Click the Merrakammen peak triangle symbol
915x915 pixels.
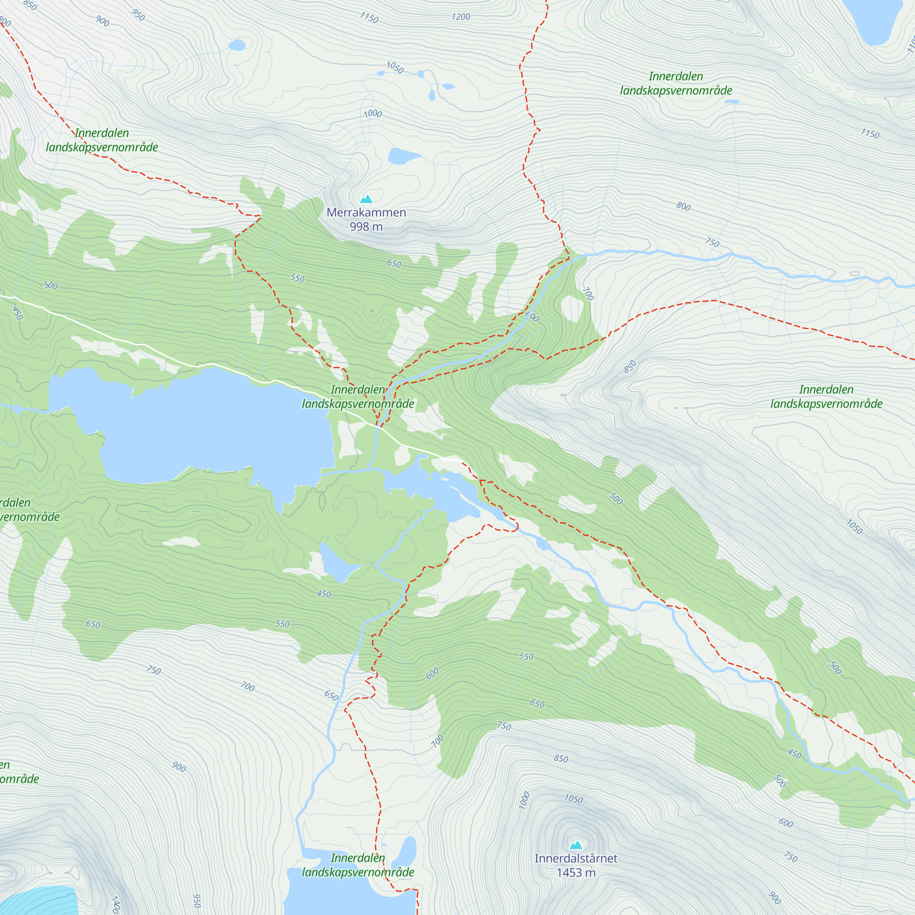pyautogui.click(x=366, y=199)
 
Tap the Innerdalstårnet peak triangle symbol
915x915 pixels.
pyautogui.click(x=576, y=845)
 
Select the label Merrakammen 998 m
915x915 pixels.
pyautogui.click(x=366, y=219)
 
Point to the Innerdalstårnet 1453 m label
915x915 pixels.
pyautogui.click(x=576, y=865)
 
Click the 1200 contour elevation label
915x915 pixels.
pyautogui.click(x=460, y=17)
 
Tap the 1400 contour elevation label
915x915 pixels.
pyautogui.click(x=115, y=904)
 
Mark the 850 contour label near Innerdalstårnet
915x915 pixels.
pyautogui.click(x=561, y=759)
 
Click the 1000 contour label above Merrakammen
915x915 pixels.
pyautogui.click(x=373, y=113)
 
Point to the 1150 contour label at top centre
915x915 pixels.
pyautogui.click(x=369, y=18)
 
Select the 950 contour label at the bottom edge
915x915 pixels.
pyautogui.click(x=197, y=900)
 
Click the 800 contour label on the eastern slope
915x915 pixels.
pyautogui.click(x=683, y=206)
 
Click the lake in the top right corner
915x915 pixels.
pyautogui.click(x=876, y=22)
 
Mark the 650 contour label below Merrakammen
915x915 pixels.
pyautogui.click(x=394, y=264)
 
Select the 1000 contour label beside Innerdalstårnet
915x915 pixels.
pyautogui.click(x=524, y=800)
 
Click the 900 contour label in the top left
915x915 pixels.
pyautogui.click(x=102, y=21)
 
